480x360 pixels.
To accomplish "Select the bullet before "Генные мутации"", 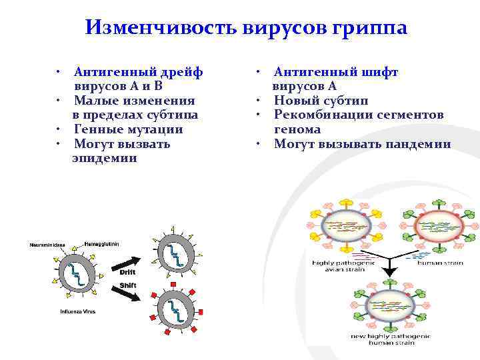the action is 59,129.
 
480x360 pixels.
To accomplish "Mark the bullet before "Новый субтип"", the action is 256,101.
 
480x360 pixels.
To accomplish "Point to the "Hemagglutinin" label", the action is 102,243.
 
